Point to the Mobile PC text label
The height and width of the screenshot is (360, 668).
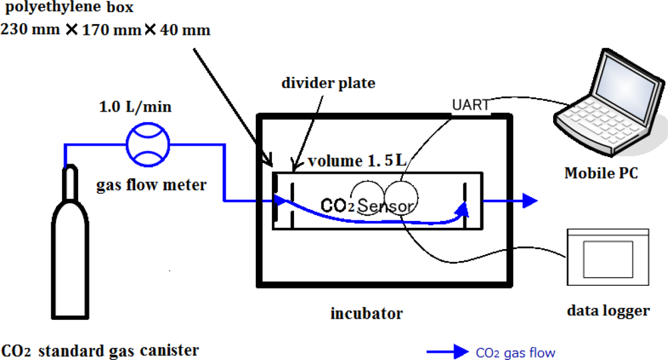click(x=601, y=173)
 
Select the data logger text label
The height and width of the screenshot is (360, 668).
click(x=608, y=311)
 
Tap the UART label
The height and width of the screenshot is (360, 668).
click(x=470, y=105)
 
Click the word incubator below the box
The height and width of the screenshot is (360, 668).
click(x=367, y=313)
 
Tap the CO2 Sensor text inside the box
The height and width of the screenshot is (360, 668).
click(x=367, y=205)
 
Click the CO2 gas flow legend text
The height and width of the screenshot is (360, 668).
click(x=515, y=353)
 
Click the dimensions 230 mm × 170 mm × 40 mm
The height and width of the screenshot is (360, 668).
click(x=106, y=30)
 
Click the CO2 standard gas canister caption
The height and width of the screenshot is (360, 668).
click(x=100, y=350)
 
